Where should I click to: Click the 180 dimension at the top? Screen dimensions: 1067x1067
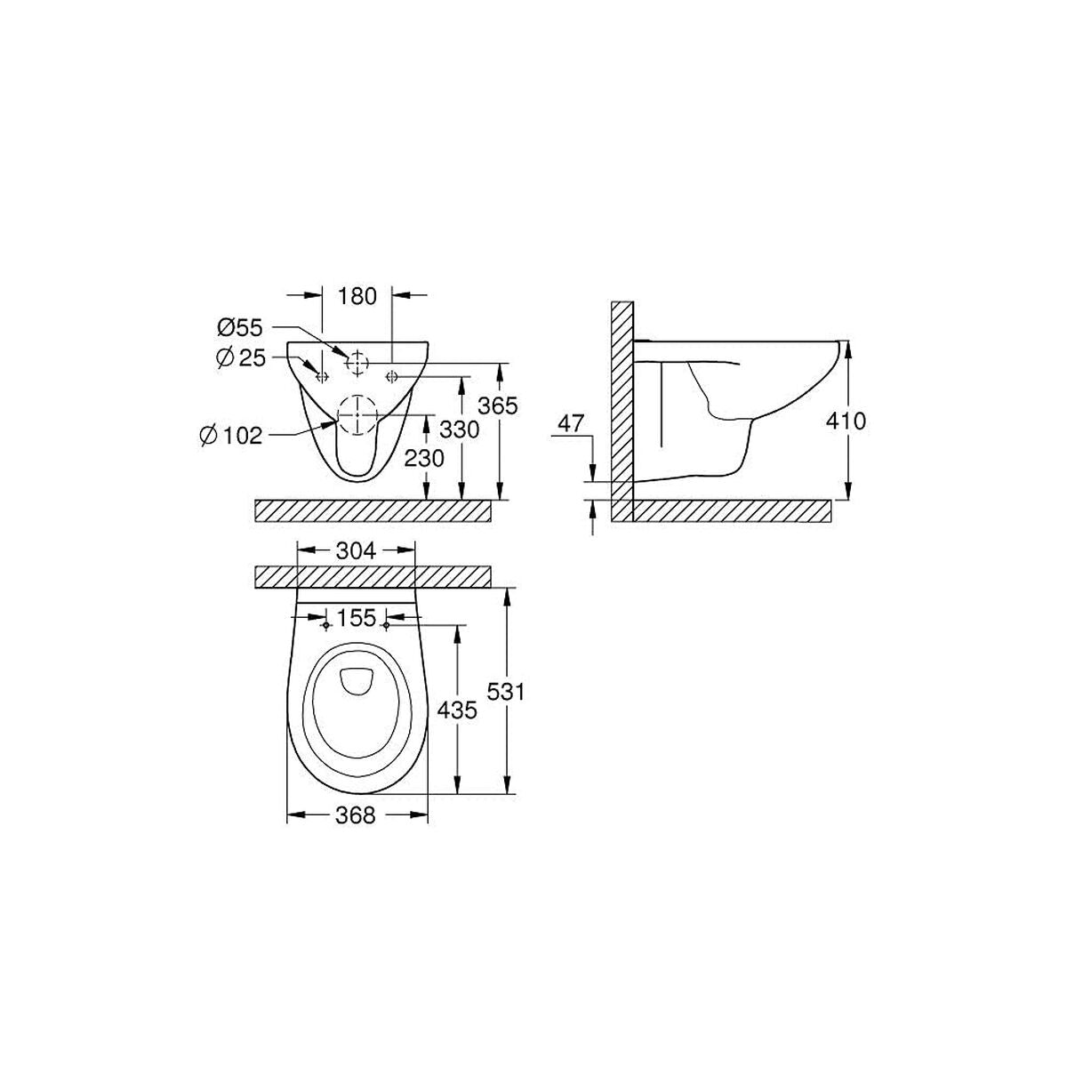(x=357, y=296)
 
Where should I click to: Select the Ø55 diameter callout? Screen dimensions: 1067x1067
(x=240, y=328)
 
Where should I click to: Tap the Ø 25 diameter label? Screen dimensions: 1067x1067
(x=240, y=357)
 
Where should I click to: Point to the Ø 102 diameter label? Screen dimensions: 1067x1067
(x=230, y=435)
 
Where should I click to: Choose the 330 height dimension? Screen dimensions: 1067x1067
(x=460, y=429)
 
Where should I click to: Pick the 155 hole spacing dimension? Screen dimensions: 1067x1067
(x=357, y=615)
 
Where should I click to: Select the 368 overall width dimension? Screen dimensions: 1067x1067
(x=356, y=814)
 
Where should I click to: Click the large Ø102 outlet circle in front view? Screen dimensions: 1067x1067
(x=357, y=415)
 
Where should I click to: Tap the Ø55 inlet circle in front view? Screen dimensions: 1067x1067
(x=357, y=362)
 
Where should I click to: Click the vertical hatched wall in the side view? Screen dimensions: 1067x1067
(x=622, y=409)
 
